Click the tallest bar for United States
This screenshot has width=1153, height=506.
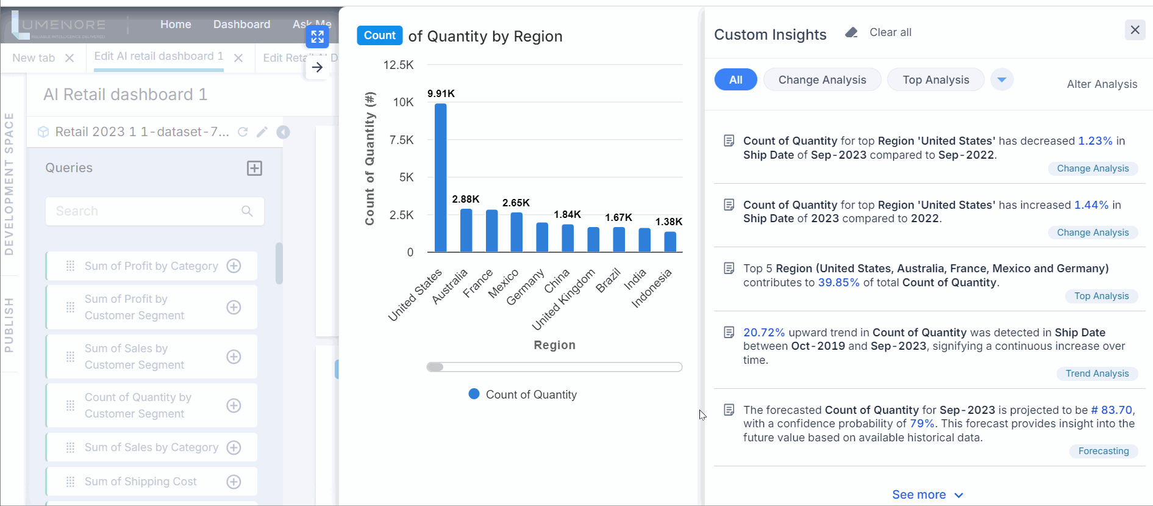click(440, 177)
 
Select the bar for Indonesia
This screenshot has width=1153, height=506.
click(669, 242)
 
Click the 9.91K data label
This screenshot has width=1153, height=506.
click(440, 93)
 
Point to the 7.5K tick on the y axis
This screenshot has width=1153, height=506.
click(401, 140)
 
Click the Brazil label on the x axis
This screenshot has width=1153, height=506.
click(608, 280)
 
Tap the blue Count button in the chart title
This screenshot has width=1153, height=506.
click(379, 35)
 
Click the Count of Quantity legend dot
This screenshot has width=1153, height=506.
click(474, 394)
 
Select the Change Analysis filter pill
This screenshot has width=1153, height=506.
click(821, 80)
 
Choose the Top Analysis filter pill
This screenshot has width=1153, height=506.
click(935, 80)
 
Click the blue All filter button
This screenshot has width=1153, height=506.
click(735, 80)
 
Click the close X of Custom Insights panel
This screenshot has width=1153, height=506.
click(1134, 30)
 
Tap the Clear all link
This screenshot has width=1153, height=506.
click(890, 32)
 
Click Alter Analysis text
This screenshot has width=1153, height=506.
click(1101, 84)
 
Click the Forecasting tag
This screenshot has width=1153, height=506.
click(1103, 451)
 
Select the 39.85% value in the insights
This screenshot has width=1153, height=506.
click(838, 283)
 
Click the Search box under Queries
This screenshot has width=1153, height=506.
click(146, 211)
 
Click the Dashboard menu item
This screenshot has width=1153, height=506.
click(241, 24)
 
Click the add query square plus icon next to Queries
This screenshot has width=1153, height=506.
click(254, 168)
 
